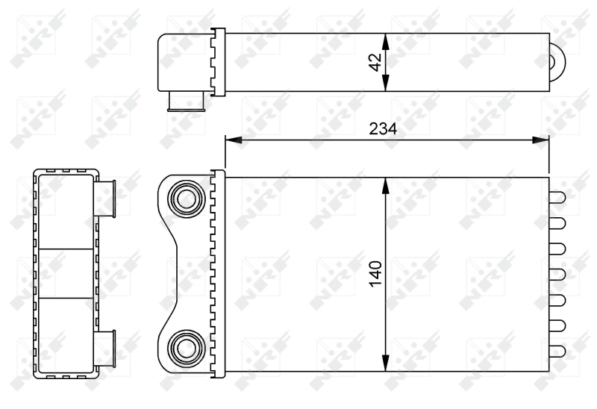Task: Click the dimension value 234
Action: click(x=384, y=128)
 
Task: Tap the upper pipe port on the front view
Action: click(x=183, y=199)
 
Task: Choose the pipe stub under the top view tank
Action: click(x=186, y=102)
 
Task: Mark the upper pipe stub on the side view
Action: click(x=105, y=199)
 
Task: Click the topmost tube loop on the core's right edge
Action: click(x=557, y=198)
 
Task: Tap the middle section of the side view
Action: click(x=66, y=273)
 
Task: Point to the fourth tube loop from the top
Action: click(x=557, y=274)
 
